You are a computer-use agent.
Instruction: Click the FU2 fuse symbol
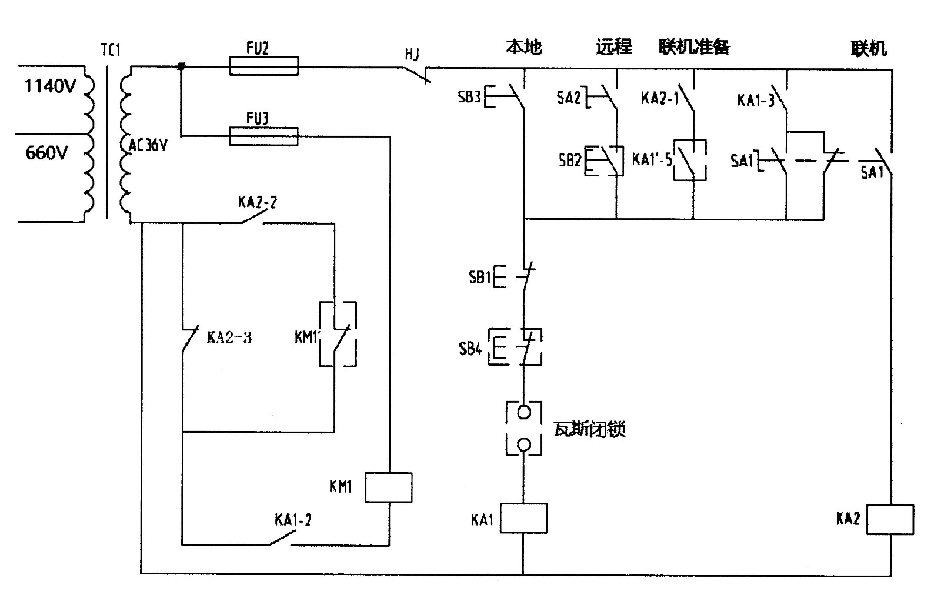[263, 66]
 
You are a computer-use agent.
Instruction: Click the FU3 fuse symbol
[263, 137]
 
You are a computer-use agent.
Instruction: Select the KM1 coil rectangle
[388, 487]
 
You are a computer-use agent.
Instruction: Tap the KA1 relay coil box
[523, 518]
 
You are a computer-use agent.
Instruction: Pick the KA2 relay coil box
[890, 519]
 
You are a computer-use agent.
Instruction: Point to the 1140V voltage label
[50, 86]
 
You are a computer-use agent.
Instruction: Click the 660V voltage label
[46, 153]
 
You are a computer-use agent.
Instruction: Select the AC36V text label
[148, 145]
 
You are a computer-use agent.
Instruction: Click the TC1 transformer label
[111, 50]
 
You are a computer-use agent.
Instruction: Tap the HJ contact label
[412, 55]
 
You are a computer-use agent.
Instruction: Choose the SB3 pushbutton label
[469, 97]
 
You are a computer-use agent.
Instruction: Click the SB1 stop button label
[480, 277]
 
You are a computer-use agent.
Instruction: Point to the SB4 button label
[470, 349]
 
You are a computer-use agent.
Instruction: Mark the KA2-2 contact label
[257, 202]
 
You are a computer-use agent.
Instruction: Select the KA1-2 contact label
[293, 520]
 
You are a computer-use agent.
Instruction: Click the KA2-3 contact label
[229, 337]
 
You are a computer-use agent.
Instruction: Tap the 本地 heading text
[523, 47]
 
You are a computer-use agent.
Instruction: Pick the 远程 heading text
[613, 47]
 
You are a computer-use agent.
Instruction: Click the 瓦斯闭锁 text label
[589, 429]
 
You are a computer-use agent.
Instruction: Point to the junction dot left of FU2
[181, 67]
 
